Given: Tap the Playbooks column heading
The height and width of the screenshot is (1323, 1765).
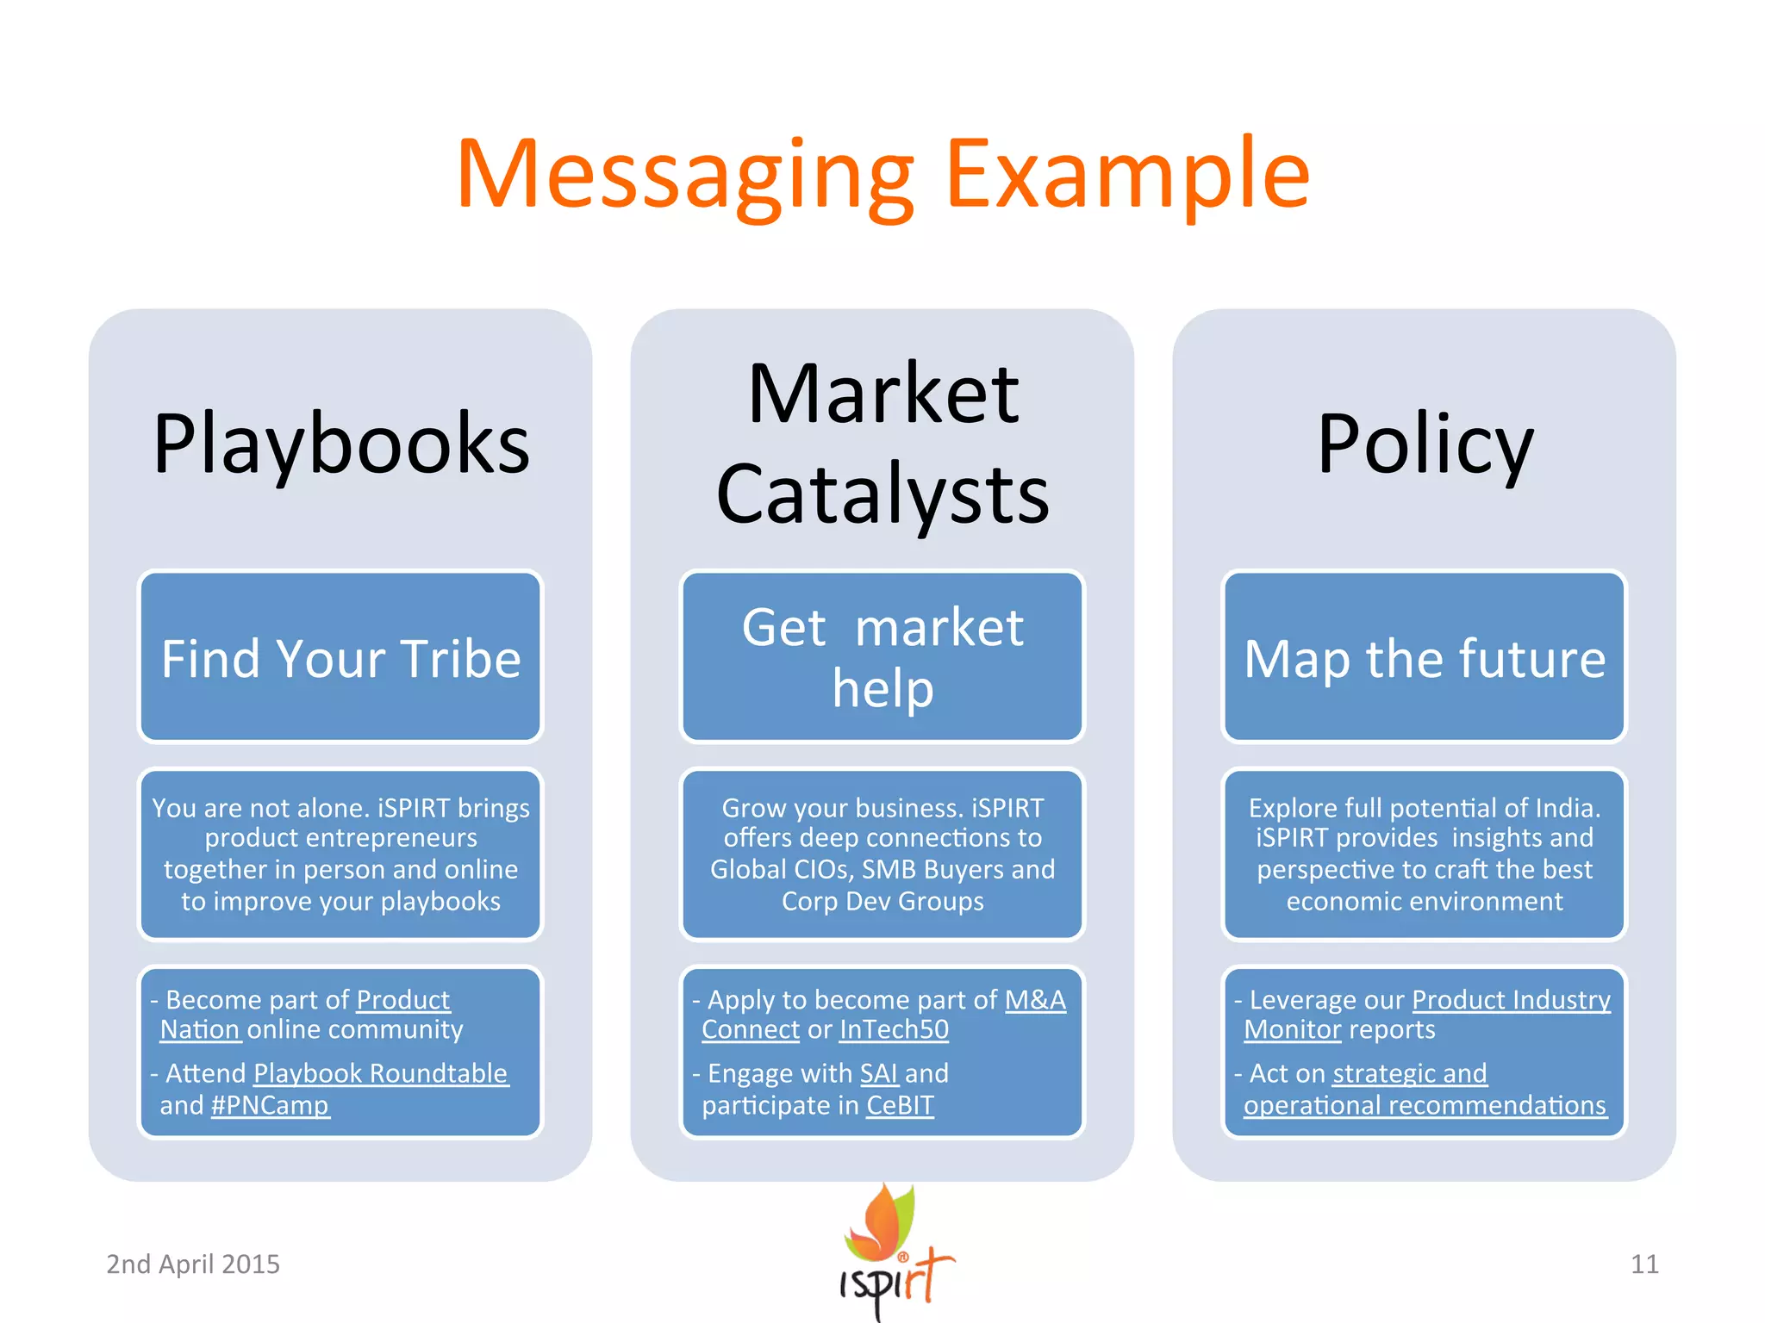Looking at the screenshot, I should tap(341, 444).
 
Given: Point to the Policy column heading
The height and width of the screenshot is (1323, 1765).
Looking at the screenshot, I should tap(1425, 444).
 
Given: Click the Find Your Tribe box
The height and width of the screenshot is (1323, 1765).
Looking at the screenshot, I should tap(341, 657).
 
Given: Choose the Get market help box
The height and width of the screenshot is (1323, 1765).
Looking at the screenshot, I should tap(882, 657).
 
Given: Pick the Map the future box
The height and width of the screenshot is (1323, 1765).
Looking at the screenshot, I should tap(1425, 657).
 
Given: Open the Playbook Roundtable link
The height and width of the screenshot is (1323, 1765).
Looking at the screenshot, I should tap(381, 1073).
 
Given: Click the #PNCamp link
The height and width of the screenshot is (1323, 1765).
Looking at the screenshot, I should tap(270, 1105).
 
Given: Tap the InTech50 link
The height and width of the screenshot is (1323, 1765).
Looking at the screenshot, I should tap(894, 1029).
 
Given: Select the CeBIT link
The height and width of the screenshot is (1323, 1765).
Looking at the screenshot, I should tap(900, 1105).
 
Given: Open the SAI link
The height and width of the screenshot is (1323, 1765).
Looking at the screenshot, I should tap(879, 1073).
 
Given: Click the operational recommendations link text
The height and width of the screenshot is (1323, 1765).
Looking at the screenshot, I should tap(1425, 1105).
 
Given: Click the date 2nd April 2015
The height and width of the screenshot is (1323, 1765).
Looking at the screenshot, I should tap(193, 1264).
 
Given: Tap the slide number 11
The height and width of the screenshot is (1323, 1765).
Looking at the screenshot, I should tap(1644, 1264).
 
